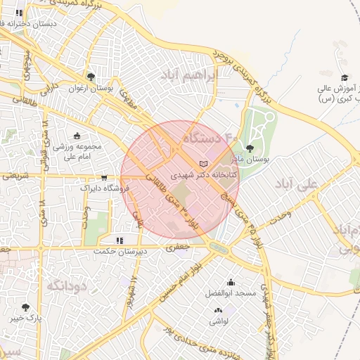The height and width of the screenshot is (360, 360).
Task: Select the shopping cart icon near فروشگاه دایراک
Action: pos(105,177)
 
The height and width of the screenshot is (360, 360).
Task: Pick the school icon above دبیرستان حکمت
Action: pos(120,240)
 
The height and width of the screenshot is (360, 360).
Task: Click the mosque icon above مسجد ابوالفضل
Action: pos(231,282)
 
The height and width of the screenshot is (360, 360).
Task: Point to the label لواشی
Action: pos(218,321)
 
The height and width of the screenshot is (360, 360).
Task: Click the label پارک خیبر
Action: pos(25,318)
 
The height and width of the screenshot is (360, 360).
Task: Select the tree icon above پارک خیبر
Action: pos(26,307)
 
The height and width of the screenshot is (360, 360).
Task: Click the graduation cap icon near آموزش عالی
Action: pos(344,77)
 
